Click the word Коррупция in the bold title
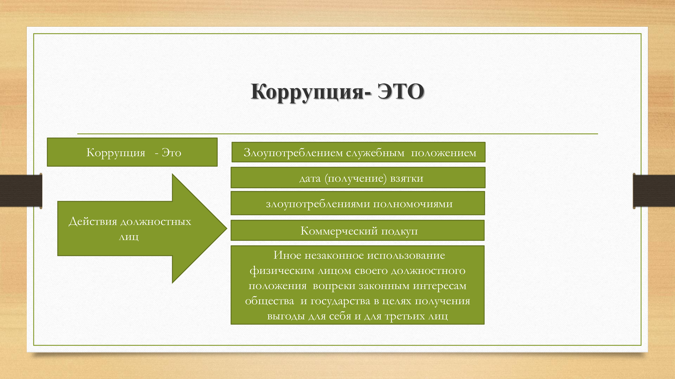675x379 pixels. pyautogui.click(x=307, y=92)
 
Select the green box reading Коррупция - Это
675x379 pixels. pyautogui.click(x=132, y=152)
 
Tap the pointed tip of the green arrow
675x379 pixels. pyautogui.click(x=227, y=228)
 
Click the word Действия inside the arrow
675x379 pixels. pyautogui.click(x=93, y=221)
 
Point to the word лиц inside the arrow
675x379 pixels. pyautogui.click(x=129, y=237)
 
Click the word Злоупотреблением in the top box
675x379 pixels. pyautogui.click(x=293, y=153)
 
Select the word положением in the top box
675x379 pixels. pyautogui.click(x=444, y=153)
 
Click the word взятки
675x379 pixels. pyautogui.click(x=407, y=178)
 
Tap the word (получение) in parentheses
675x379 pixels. pyautogui.click(x=356, y=178)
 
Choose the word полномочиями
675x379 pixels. pyautogui.click(x=413, y=204)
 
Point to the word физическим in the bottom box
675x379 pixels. pyautogui.click(x=282, y=270)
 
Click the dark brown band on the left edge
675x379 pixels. pyautogui.click(x=21, y=191)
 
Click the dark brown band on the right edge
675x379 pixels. pyautogui.click(x=654, y=191)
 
